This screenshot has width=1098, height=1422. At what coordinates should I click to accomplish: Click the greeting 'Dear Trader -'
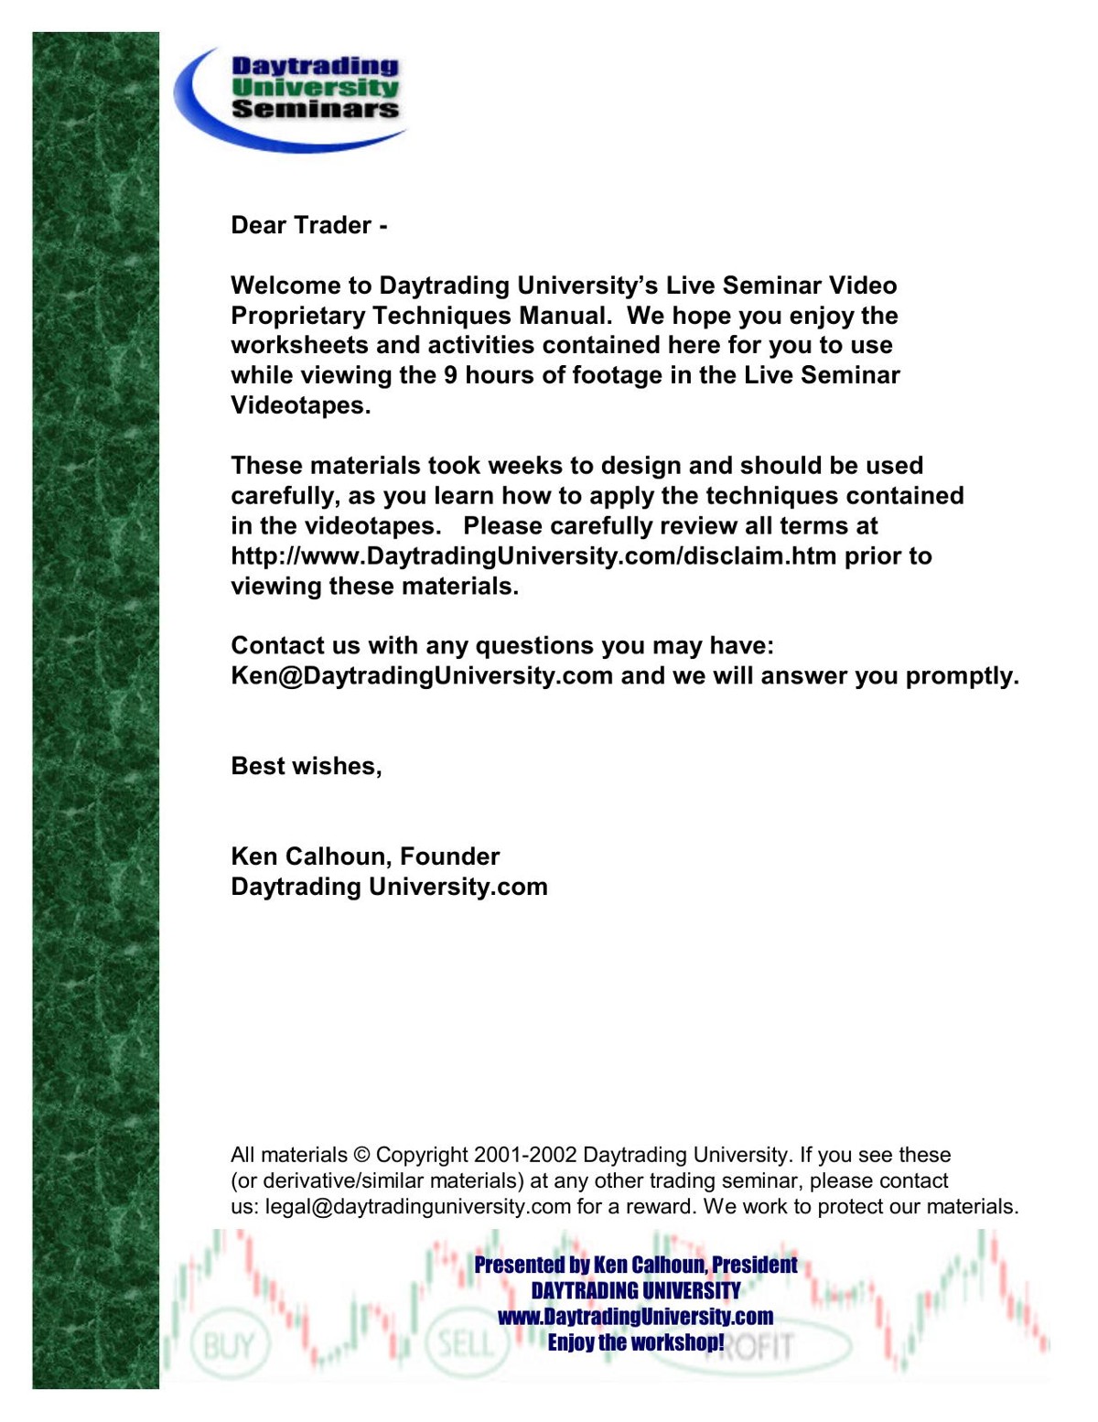click(x=309, y=225)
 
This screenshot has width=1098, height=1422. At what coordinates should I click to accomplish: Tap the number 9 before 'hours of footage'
click(x=450, y=375)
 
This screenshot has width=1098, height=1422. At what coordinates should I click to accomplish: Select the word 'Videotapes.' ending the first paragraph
click(x=301, y=405)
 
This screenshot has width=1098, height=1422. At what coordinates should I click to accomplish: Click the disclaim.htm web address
click(x=533, y=555)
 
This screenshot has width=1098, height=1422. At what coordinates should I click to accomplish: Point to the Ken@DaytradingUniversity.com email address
click(x=422, y=676)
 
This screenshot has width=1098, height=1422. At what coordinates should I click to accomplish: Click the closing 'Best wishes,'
click(x=307, y=766)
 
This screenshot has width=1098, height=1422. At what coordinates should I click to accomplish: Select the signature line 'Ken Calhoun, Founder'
click(x=365, y=856)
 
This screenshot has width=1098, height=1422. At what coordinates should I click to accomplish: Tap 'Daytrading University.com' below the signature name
click(x=389, y=887)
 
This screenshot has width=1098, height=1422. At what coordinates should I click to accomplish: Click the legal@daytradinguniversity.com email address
click(x=417, y=1206)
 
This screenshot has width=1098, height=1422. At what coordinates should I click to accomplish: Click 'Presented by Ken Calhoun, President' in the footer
click(x=635, y=1265)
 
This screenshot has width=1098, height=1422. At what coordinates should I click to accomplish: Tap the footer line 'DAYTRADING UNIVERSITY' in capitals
click(x=635, y=1290)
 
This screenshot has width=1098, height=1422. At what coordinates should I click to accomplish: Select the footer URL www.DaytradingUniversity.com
click(x=635, y=1317)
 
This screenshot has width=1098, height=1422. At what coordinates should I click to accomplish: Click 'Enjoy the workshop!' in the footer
click(x=635, y=1342)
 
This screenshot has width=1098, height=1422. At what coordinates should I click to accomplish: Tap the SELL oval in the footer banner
click(x=465, y=1344)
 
